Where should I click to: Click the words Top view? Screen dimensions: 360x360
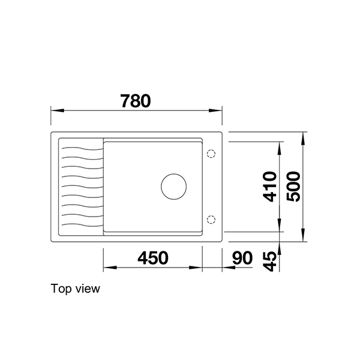click(x=76, y=289)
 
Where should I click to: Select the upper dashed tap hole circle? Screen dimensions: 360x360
click(x=211, y=154)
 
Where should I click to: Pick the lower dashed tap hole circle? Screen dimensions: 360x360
click(x=211, y=218)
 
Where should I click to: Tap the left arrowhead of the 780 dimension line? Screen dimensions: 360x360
click(x=54, y=110)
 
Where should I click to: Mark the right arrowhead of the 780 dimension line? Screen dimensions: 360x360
click(x=219, y=110)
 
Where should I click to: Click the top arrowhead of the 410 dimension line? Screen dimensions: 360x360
click(x=280, y=145)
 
